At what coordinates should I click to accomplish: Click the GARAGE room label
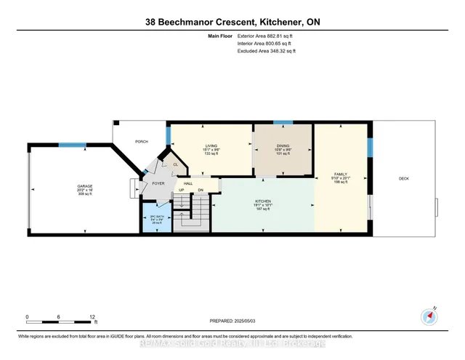tap(85, 186)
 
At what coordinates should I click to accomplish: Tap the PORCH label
tap(142, 142)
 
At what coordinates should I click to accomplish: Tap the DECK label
tap(403, 178)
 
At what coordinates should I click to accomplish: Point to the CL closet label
tap(175, 164)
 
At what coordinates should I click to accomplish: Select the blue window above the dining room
tap(283, 121)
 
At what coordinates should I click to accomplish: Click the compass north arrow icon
tap(430, 315)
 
